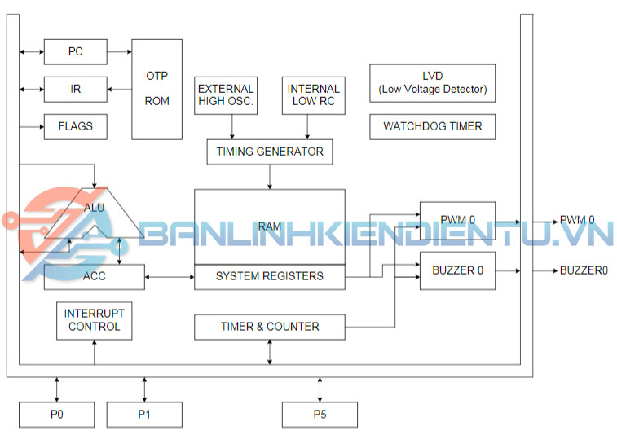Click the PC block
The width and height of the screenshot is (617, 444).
pyautogui.click(x=75, y=52)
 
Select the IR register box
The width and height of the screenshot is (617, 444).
pyautogui.click(x=75, y=88)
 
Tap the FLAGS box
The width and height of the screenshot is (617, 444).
pyautogui.click(x=75, y=126)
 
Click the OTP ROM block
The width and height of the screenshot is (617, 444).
pyautogui.click(x=157, y=89)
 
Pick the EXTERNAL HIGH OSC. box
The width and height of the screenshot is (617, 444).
pyautogui.click(x=226, y=95)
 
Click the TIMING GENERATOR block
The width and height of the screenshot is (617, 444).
pyautogui.click(x=270, y=152)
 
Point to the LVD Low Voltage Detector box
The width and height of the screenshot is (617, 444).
pyautogui.click(x=432, y=83)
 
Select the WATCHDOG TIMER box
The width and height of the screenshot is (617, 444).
pyautogui.click(x=432, y=126)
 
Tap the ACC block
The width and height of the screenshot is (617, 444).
pyautogui.click(x=94, y=276)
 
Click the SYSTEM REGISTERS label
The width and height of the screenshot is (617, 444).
pyautogui.click(x=269, y=276)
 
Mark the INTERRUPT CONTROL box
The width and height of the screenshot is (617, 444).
pyautogui.click(x=95, y=320)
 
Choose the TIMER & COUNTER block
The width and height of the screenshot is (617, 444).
pyautogui.click(x=270, y=327)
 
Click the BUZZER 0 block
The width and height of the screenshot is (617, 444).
pyautogui.click(x=456, y=270)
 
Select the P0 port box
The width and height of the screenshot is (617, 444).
pyautogui.click(x=56, y=415)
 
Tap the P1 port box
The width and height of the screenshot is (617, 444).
pyautogui.click(x=144, y=415)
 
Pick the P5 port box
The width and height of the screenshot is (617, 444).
pyautogui.click(x=320, y=415)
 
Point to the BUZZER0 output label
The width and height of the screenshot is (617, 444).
pyautogui.click(x=584, y=270)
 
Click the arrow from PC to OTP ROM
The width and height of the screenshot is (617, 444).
pyautogui.click(x=119, y=52)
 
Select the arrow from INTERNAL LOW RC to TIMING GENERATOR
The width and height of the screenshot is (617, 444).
pyautogui.click(x=307, y=125)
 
